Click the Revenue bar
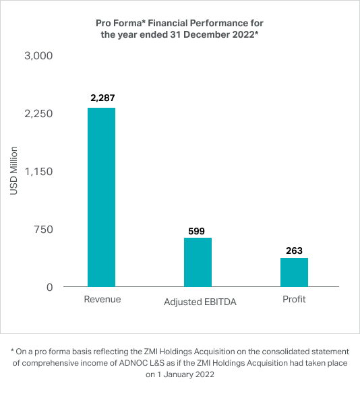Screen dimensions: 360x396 (x=101, y=197)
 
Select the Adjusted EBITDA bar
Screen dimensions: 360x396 (x=198, y=262)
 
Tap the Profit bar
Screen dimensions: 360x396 (x=294, y=272)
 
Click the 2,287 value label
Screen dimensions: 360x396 (x=102, y=98)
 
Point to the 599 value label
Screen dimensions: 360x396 (x=196, y=231)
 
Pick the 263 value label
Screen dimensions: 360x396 (x=294, y=251)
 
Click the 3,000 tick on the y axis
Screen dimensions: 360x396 (x=38, y=56)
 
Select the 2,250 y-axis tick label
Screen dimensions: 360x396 (x=38, y=114)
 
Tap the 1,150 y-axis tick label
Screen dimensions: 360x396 (x=38, y=172)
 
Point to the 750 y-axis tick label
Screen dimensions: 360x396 (x=43, y=230)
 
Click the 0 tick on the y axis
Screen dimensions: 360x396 (x=50, y=288)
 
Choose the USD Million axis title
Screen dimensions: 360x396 (x=13, y=171)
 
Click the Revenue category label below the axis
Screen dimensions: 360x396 (x=102, y=299)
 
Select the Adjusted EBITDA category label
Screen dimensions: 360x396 (x=200, y=302)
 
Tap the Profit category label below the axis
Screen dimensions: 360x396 (x=294, y=299)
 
